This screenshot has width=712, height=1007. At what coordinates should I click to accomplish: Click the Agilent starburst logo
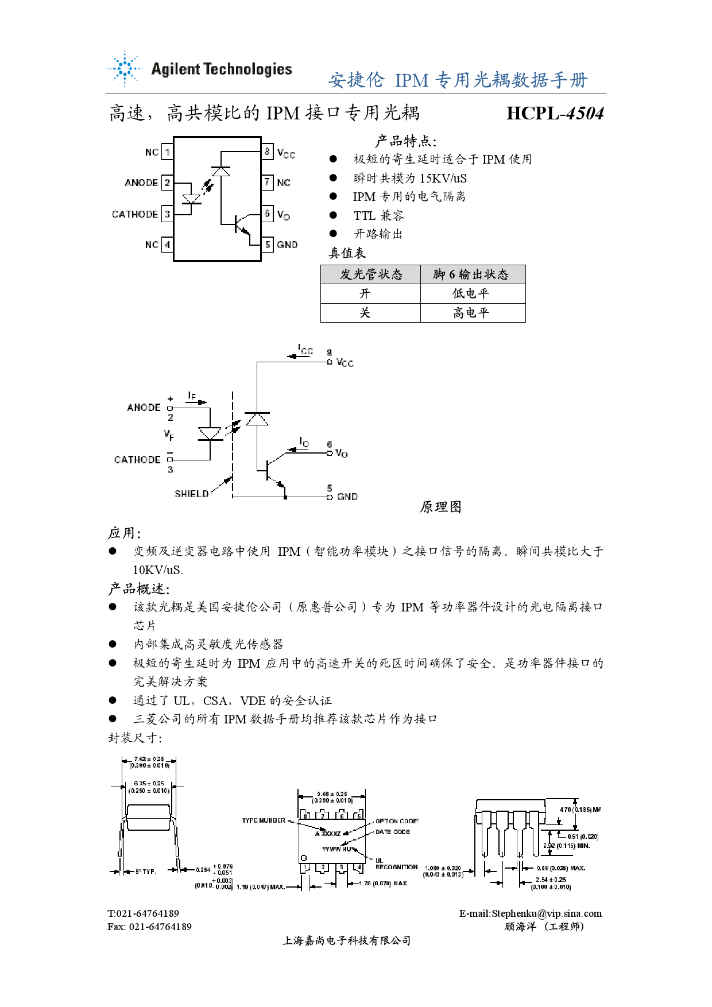coord(124,69)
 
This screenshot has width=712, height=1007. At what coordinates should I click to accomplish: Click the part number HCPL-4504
coord(555,113)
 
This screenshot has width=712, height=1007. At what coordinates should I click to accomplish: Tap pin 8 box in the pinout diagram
coord(267,152)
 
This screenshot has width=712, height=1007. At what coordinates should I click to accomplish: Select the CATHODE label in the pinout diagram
coord(135,214)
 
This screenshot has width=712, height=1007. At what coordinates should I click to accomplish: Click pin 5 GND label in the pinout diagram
coord(287,245)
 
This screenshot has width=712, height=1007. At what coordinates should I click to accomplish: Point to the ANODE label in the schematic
coord(144,408)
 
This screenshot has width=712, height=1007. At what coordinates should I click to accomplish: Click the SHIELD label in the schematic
coord(191,494)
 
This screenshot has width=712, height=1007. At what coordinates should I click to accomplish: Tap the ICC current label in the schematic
coord(305,350)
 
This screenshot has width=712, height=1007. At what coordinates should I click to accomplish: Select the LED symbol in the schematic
coord(210,433)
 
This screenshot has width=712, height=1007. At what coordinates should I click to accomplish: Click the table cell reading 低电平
coord(471,294)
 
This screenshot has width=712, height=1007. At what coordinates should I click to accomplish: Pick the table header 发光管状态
coord(371,274)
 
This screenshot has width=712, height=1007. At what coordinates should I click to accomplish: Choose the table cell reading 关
coord(365,313)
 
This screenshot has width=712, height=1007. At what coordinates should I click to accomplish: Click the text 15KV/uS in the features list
coord(443,179)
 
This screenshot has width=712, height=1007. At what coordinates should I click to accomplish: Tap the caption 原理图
coord(440,507)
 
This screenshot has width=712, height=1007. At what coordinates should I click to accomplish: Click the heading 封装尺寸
coord(135,738)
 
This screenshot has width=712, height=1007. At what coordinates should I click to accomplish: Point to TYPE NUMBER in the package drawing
coord(264,820)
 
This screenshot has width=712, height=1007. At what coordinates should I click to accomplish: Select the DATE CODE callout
coord(393,832)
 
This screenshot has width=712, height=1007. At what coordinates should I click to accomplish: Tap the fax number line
coord(149,927)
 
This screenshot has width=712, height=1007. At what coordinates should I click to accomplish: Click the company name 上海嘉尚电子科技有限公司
coord(346,940)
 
